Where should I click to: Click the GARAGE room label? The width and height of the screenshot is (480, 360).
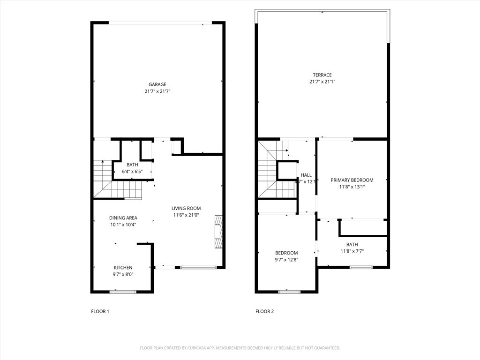(x=157, y=85)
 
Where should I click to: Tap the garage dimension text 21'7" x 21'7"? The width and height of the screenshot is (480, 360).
(x=157, y=91)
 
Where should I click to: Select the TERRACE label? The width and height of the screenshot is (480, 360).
(x=322, y=75)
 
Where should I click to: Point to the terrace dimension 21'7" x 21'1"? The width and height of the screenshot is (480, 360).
(x=322, y=82)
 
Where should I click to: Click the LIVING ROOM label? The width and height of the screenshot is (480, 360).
(x=186, y=209)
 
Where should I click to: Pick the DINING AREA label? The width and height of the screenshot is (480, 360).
(x=123, y=218)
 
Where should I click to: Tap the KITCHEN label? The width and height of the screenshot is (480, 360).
(x=123, y=268)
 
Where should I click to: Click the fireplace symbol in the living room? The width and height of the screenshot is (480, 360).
(x=218, y=232)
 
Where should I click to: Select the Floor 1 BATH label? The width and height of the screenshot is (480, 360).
(x=132, y=165)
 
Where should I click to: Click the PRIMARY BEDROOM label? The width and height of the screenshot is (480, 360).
(x=352, y=180)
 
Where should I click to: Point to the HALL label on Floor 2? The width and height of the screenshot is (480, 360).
(x=306, y=175)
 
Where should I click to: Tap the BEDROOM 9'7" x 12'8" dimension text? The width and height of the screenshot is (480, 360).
(x=286, y=260)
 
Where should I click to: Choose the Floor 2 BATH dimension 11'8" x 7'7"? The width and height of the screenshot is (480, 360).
(x=352, y=251)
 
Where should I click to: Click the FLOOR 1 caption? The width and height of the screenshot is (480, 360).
(x=100, y=311)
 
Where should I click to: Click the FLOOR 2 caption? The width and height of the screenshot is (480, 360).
(x=264, y=311)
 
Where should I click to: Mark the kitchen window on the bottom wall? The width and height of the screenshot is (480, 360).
(x=123, y=292)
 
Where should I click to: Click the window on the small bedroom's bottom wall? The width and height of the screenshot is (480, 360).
(x=289, y=292)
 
